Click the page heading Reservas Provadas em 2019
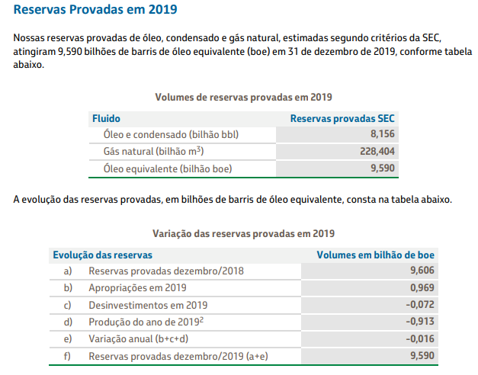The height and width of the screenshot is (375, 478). (x=95, y=11)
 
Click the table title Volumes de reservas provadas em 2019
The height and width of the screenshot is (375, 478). (x=243, y=98)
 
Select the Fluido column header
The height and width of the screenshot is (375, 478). (x=106, y=118)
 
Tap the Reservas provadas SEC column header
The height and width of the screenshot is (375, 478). (x=342, y=118)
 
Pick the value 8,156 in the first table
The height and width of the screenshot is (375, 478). (x=381, y=134)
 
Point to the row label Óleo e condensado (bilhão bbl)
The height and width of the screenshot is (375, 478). (x=171, y=134)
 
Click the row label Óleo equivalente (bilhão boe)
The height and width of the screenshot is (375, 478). (x=167, y=168)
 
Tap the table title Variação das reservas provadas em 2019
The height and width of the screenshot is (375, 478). (x=244, y=233)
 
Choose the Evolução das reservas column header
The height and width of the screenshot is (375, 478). (x=101, y=255)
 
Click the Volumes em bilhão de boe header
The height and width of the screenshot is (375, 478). (x=376, y=255)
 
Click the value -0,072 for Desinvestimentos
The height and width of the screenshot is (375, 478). (x=421, y=305)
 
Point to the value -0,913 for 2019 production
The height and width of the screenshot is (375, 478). (x=421, y=322)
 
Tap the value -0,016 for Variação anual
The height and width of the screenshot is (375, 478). (x=421, y=338)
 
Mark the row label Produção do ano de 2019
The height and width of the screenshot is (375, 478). (x=146, y=322)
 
